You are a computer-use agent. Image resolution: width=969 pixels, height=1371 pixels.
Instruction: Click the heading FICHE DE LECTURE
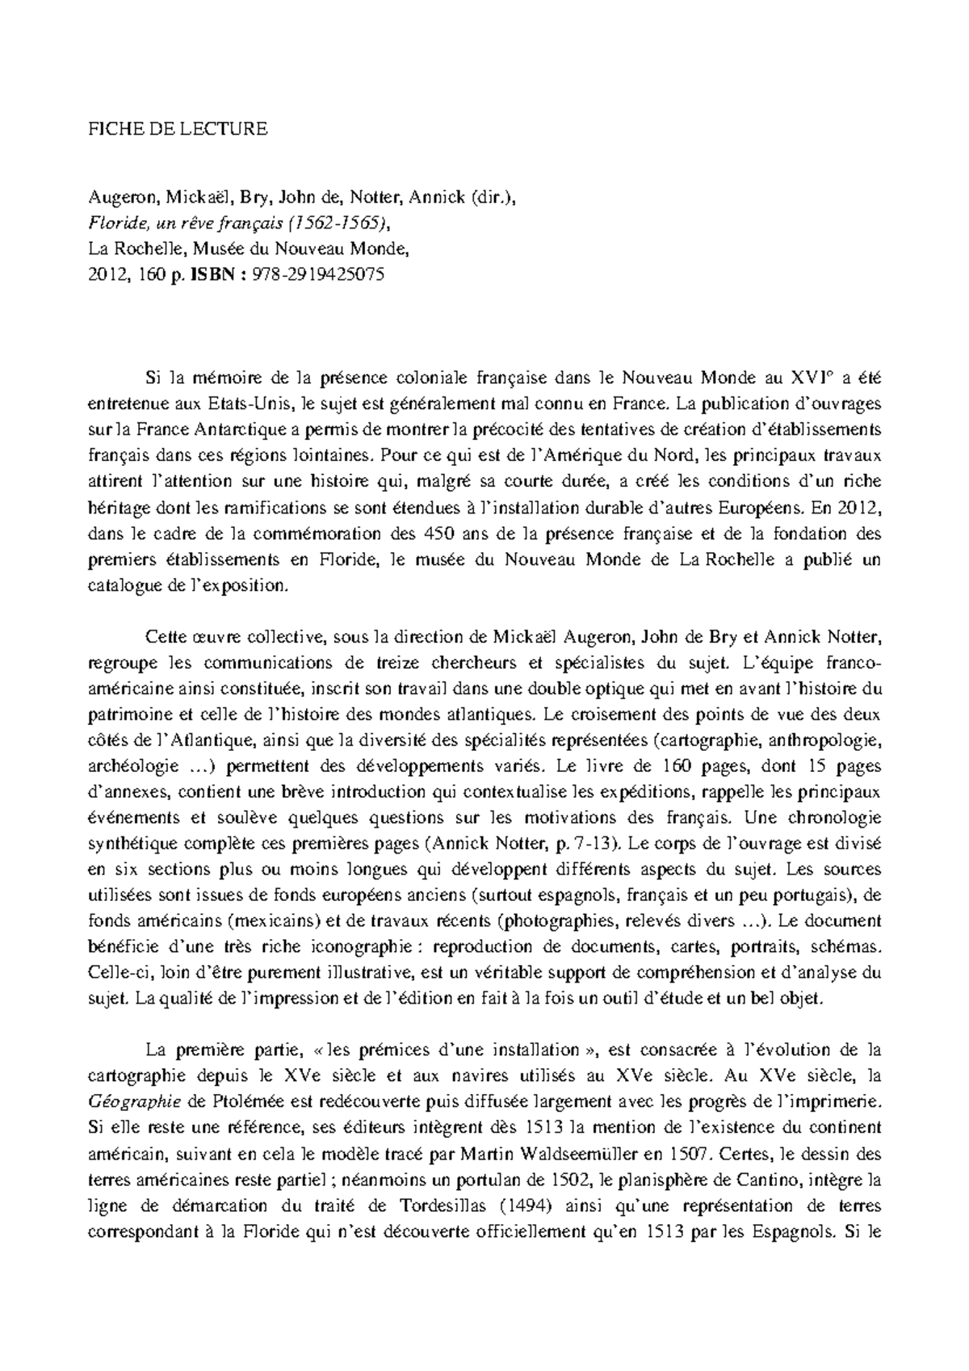click(177, 128)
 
